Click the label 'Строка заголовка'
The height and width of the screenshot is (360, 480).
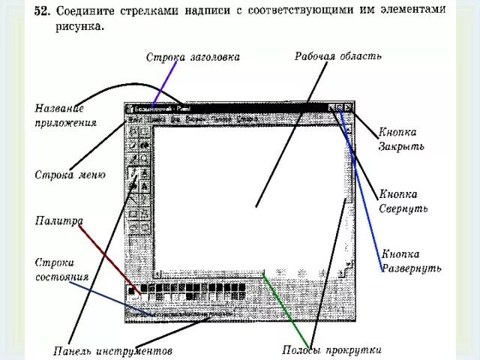click(x=193, y=57)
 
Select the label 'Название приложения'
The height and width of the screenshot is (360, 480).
click(x=65, y=115)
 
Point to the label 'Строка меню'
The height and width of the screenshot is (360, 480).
click(x=70, y=175)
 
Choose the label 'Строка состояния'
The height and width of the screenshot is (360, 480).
click(x=62, y=269)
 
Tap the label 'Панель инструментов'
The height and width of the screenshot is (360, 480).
click(x=113, y=350)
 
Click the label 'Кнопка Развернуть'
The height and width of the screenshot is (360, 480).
click(x=410, y=261)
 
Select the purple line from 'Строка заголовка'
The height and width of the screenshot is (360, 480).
click(x=164, y=84)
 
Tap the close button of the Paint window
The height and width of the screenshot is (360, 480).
click(x=348, y=108)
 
